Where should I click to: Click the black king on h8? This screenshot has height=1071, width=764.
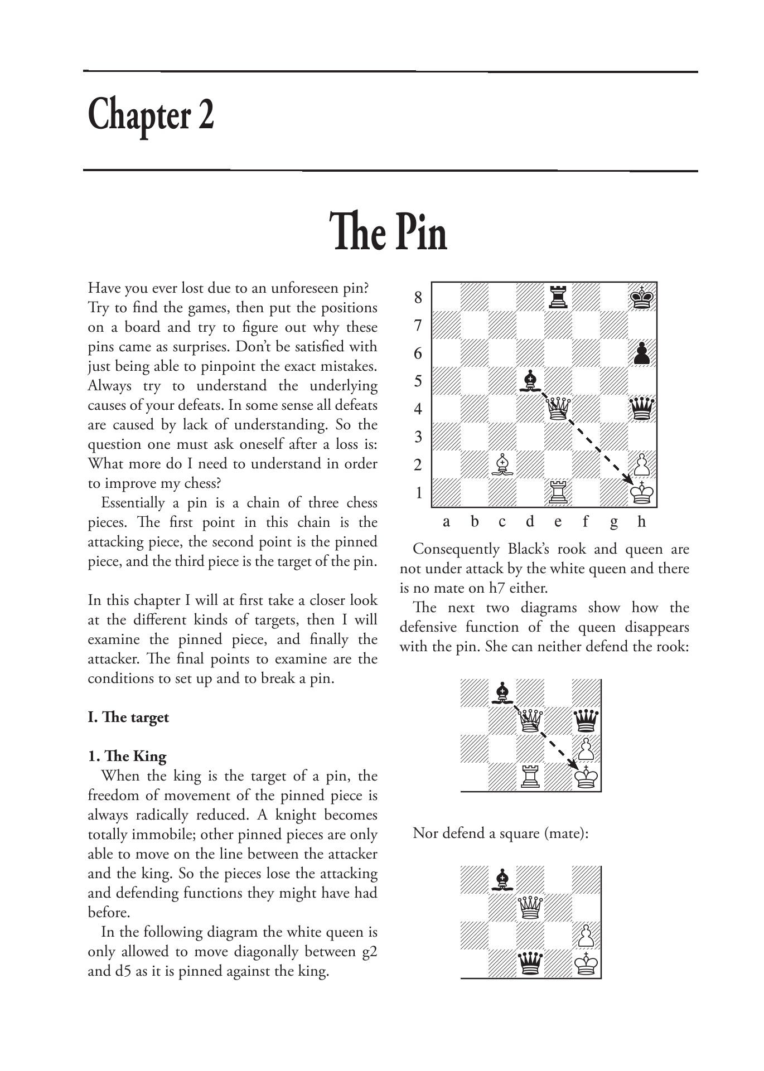(642, 297)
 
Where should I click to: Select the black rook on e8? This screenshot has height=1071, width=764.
(558, 297)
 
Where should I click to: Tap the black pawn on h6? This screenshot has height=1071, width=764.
(642, 353)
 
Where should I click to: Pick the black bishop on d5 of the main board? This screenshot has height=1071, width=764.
(530, 381)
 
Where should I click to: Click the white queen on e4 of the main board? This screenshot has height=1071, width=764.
(558, 409)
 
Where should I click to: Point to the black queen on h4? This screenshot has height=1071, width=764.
(642, 409)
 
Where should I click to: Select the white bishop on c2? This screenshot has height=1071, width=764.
(502, 465)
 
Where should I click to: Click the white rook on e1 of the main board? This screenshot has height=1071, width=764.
(558, 493)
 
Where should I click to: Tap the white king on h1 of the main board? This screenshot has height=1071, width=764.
(642, 493)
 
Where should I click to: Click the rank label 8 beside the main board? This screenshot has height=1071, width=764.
(418, 298)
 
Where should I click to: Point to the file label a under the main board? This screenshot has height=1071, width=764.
(446, 522)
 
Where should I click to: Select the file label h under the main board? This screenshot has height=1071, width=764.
(641, 522)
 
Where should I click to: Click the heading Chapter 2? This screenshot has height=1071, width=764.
(151, 115)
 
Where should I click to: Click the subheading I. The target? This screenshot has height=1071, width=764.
(128, 717)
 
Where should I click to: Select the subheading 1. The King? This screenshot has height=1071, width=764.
(127, 756)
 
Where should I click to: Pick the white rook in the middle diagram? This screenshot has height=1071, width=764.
(530, 777)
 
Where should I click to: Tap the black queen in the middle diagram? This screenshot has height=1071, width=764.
(586, 721)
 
